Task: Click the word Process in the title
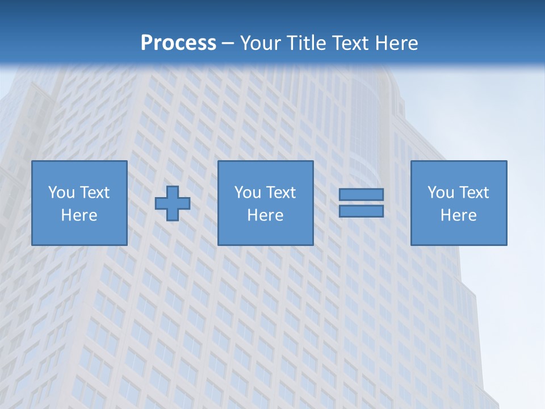coord(178,43)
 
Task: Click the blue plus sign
coord(173,203)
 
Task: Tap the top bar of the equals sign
coord(361,194)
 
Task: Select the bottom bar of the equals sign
coord(361,211)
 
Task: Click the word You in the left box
coord(61,193)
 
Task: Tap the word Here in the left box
coord(79,215)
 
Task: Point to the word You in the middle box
coord(247,193)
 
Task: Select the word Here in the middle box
coord(265,215)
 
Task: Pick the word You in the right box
coord(440,193)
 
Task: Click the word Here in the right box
coord(458,215)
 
